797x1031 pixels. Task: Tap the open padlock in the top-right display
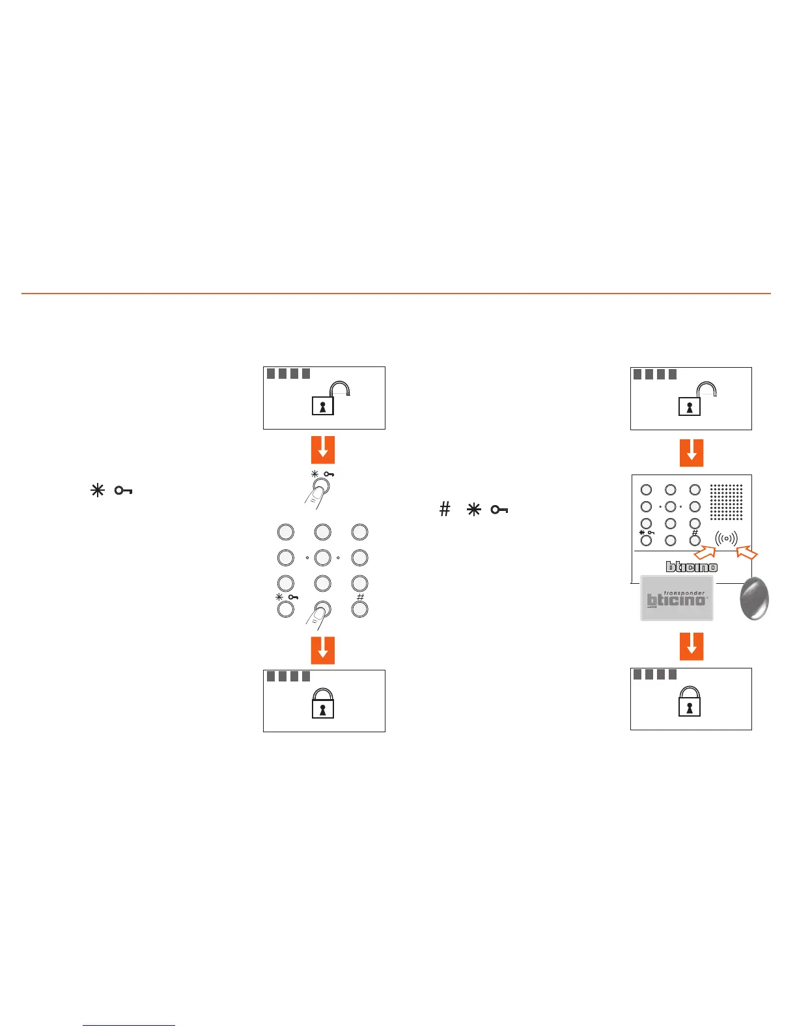(x=697, y=399)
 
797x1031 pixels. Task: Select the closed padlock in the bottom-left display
(x=323, y=703)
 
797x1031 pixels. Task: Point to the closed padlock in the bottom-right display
(x=690, y=701)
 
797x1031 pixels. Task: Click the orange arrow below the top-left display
(x=323, y=450)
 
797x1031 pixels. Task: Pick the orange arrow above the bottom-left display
(x=323, y=650)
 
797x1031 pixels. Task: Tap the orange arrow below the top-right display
(x=692, y=452)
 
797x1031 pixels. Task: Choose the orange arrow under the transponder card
(x=692, y=646)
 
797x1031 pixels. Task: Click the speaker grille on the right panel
(x=726, y=502)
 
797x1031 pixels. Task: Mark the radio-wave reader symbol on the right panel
(x=726, y=539)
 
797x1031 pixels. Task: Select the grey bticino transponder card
(x=677, y=598)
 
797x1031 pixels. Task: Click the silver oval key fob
(x=755, y=598)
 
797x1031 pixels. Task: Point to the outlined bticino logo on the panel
(x=692, y=567)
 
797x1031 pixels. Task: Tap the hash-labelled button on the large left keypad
(x=359, y=609)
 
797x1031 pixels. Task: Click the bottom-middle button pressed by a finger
(x=322, y=609)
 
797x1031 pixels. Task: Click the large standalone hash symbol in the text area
(x=445, y=509)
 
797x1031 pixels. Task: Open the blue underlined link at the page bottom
(x=129, y=1025)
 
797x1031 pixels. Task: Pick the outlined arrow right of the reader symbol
(x=748, y=553)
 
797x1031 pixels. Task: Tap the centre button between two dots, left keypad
(x=322, y=558)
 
